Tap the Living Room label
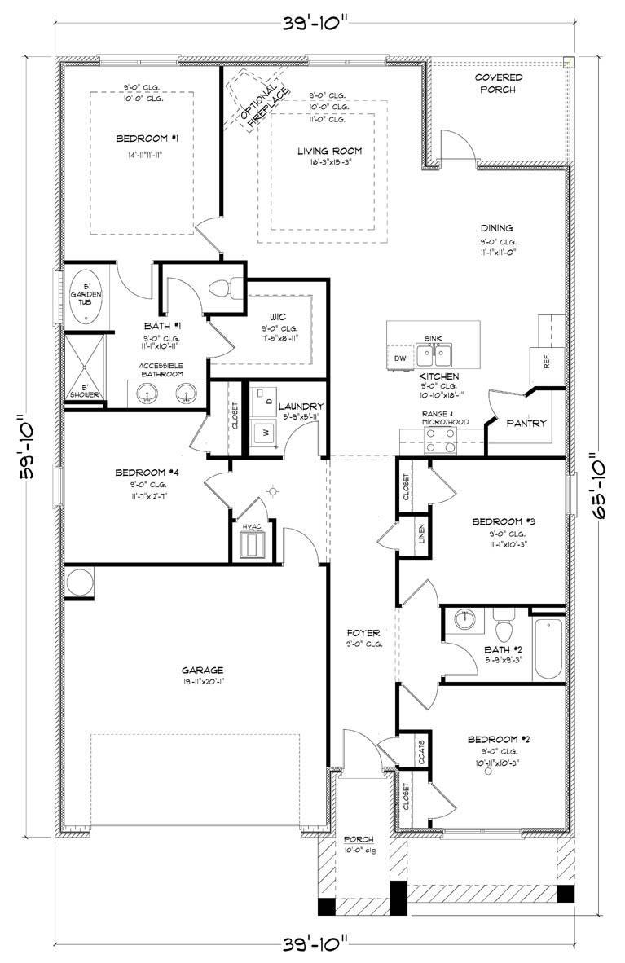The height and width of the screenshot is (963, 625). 328,151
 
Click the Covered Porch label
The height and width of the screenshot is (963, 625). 498,83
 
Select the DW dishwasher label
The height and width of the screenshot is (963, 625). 399,358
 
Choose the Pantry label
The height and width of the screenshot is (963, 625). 526,424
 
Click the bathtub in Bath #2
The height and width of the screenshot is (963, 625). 548,649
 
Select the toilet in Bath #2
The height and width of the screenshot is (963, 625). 504,628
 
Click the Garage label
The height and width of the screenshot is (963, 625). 203,671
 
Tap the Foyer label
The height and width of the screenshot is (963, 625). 359,632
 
